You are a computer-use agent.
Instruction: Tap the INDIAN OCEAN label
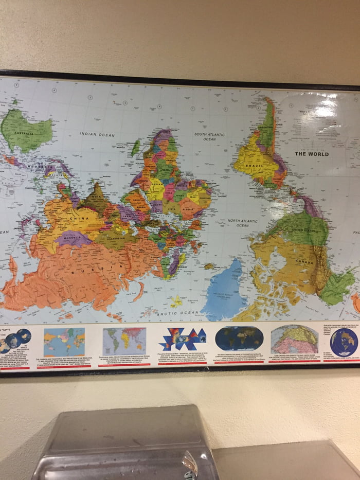tap(97, 134)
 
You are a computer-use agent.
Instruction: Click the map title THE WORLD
tap(312, 154)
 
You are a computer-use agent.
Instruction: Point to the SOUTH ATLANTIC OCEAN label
tap(209, 136)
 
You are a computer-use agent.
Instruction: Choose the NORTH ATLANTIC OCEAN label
tap(242, 223)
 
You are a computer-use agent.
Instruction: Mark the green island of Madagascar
tap(135, 148)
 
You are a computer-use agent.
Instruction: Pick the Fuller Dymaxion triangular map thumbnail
tap(182, 340)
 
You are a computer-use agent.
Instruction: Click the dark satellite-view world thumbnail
tap(239, 339)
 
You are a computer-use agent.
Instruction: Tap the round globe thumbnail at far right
tap(344, 342)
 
